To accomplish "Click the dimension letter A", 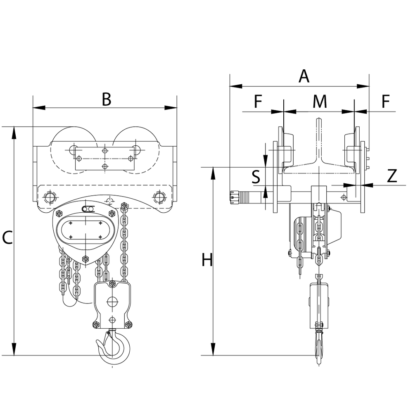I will pyautogui.click(x=304, y=76).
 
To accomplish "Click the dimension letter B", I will pyautogui.click(x=107, y=99).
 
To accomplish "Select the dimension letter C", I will pyautogui.click(x=7, y=237).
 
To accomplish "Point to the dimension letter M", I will pyautogui.click(x=320, y=101).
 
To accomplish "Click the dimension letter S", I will pyautogui.click(x=256, y=177).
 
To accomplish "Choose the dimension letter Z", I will pyautogui.click(x=392, y=176).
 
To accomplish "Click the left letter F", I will pyautogui.click(x=258, y=101).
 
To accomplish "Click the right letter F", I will pyautogui.click(x=386, y=101).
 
